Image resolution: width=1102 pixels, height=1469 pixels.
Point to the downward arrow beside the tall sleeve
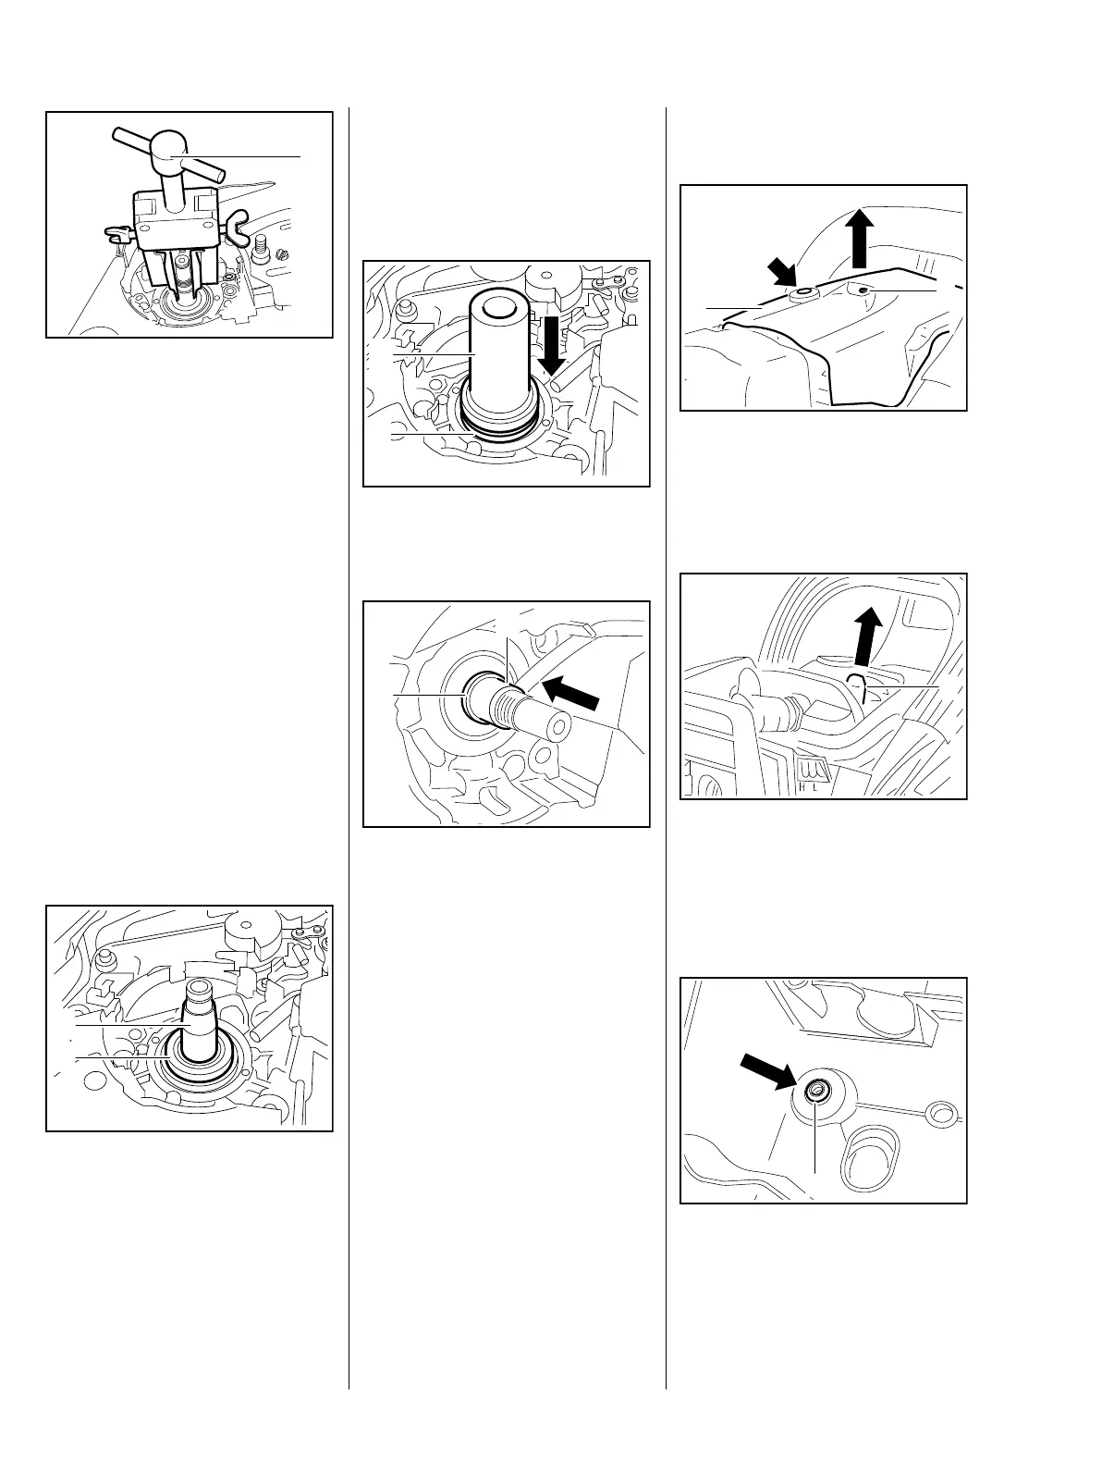(x=553, y=349)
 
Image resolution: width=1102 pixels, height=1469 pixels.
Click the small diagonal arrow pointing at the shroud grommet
(x=780, y=274)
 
